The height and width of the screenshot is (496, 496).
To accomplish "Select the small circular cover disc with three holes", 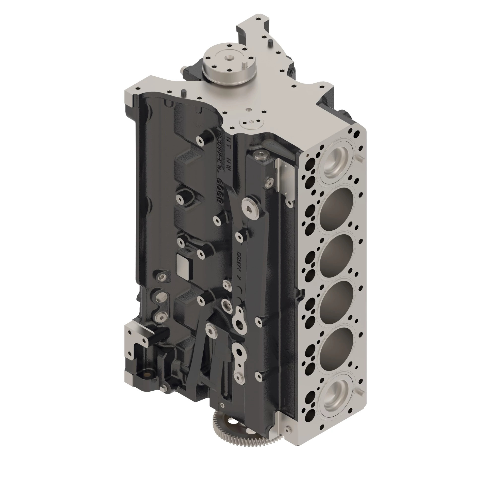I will pos(251,123).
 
